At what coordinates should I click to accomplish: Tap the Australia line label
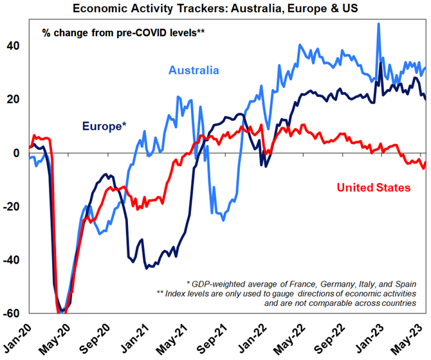tap(194, 70)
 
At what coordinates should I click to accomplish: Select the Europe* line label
tap(103, 126)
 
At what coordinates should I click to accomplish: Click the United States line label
tap(373, 188)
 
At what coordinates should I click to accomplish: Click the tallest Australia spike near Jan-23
tap(378, 24)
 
